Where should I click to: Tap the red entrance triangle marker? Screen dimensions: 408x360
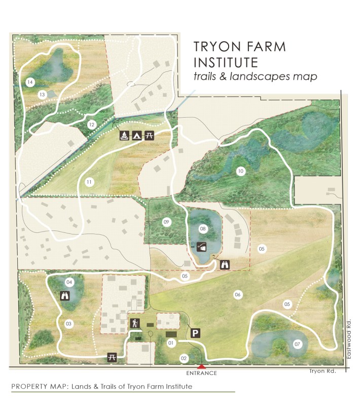click(x=202, y=366)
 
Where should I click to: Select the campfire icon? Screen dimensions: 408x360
click(x=123, y=135)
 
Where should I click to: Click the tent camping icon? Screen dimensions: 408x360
click(x=136, y=135)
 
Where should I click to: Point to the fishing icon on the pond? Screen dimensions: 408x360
click(x=202, y=247)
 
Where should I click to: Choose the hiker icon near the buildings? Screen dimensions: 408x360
click(x=135, y=323)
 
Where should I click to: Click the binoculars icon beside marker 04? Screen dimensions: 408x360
click(x=65, y=296)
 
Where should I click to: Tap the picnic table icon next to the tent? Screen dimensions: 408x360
click(x=150, y=135)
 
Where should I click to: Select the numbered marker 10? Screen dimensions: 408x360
click(x=240, y=172)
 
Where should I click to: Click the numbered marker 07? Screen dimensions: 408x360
click(x=298, y=345)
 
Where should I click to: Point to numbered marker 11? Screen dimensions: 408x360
click(x=89, y=182)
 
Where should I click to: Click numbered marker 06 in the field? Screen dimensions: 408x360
click(x=237, y=294)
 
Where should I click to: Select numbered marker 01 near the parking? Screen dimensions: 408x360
click(x=171, y=343)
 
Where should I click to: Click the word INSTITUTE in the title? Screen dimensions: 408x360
click(x=226, y=62)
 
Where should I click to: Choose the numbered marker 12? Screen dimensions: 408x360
click(x=91, y=124)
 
